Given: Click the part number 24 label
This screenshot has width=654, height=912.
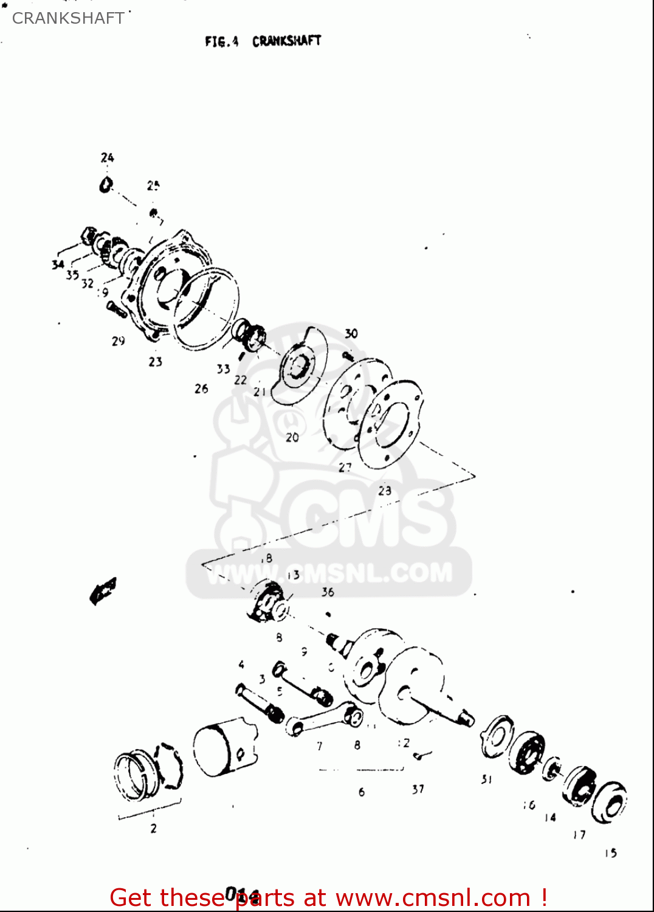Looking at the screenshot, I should click(x=108, y=158).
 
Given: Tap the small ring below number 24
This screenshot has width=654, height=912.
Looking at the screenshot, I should click(x=106, y=185).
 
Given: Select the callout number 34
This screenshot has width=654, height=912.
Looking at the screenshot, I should click(x=58, y=264).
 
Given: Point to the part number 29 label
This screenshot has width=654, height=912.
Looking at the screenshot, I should click(x=119, y=341).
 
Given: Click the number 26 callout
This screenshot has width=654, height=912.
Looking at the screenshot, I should click(x=201, y=389).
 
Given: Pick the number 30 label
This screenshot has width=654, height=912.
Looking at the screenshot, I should click(x=351, y=334).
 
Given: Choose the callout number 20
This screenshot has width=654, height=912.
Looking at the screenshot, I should click(x=292, y=437).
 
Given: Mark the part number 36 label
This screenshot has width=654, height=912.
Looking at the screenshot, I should click(x=328, y=592).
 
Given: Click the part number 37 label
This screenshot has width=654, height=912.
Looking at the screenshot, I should click(x=418, y=789).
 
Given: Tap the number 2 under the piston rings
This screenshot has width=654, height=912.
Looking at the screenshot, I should click(x=153, y=828).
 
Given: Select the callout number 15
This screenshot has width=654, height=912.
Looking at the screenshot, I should click(x=611, y=853).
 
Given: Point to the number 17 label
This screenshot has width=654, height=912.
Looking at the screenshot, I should click(x=579, y=835).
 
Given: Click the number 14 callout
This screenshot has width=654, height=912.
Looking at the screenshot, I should click(x=550, y=818).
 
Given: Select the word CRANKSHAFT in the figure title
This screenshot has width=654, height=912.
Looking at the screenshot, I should click(x=286, y=41).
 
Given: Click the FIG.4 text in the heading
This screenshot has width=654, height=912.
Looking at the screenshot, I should click(x=221, y=41).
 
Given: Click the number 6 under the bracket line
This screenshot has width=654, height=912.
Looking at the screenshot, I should click(x=362, y=792).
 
